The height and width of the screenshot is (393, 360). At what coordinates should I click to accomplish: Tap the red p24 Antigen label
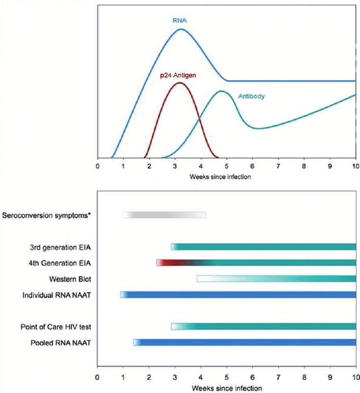179,75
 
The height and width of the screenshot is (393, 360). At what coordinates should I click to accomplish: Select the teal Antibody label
252,97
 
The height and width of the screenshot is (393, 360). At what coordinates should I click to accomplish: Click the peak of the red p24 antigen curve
179,82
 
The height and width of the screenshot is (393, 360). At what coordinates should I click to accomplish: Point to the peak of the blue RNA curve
181,29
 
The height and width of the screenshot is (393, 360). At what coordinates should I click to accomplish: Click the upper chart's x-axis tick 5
227,166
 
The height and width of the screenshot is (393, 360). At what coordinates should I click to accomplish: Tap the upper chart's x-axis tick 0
97,166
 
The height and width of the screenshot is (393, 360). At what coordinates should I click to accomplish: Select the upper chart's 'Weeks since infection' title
226,177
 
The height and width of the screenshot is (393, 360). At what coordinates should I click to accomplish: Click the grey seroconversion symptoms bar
164,215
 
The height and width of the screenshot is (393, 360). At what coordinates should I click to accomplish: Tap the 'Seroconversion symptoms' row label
46,215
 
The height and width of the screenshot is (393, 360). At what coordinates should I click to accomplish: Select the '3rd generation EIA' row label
60,246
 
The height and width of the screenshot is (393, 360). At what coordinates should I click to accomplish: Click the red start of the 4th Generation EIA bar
160,263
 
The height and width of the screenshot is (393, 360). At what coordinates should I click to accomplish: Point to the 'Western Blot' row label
70,279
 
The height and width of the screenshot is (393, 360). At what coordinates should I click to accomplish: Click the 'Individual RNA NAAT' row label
56,295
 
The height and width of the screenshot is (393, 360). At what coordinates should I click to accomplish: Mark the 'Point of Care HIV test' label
56,326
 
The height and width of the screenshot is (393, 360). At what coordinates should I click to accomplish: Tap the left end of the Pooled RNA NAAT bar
136,342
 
